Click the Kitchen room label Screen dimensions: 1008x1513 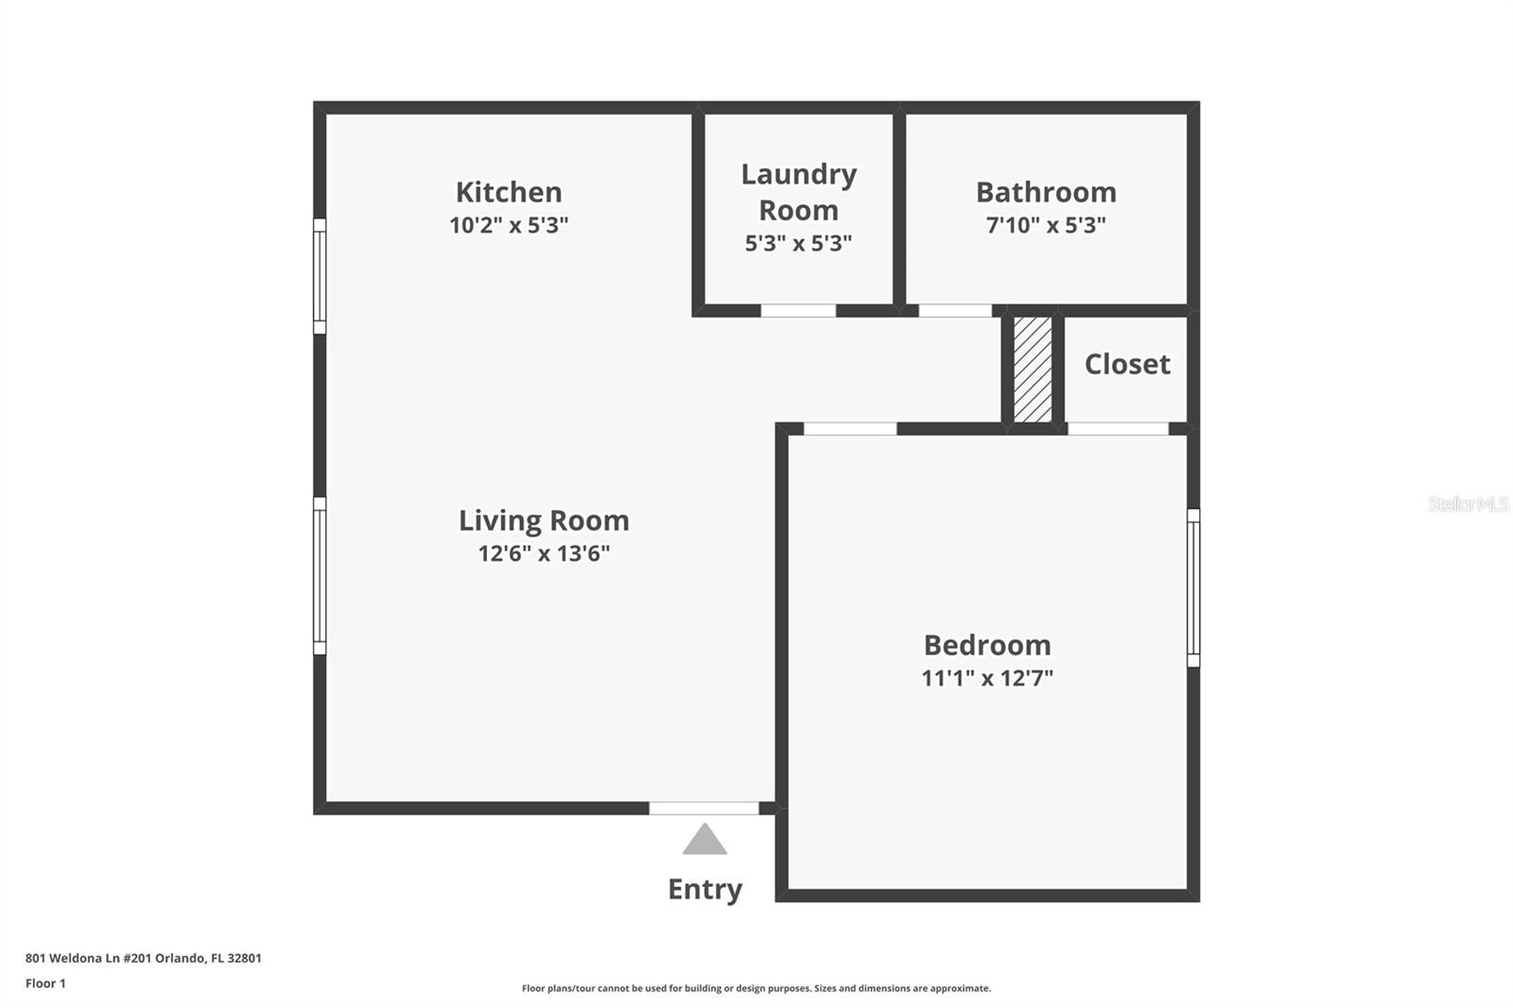[509, 192]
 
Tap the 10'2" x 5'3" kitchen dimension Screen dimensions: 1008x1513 [509, 225]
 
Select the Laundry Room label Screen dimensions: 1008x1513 [798, 192]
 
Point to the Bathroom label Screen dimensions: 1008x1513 [1046, 192]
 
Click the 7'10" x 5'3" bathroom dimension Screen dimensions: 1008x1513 [1046, 225]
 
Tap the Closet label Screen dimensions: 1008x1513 [1127, 364]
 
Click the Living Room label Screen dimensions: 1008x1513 [544, 520]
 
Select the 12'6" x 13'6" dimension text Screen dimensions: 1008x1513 [544, 553]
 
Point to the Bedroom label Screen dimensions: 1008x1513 [987, 645]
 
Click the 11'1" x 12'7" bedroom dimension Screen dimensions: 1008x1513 [987, 678]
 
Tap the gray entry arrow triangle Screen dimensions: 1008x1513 [704, 841]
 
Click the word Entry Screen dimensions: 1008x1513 [704, 889]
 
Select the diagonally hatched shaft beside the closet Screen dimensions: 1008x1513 [1032, 369]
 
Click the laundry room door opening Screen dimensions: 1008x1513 [798, 310]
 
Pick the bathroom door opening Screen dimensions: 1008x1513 [955, 310]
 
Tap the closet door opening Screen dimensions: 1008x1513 [1118, 428]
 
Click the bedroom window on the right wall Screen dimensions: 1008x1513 [1193, 587]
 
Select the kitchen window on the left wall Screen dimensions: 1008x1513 [320, 276]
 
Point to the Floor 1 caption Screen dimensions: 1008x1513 [45, 983]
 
